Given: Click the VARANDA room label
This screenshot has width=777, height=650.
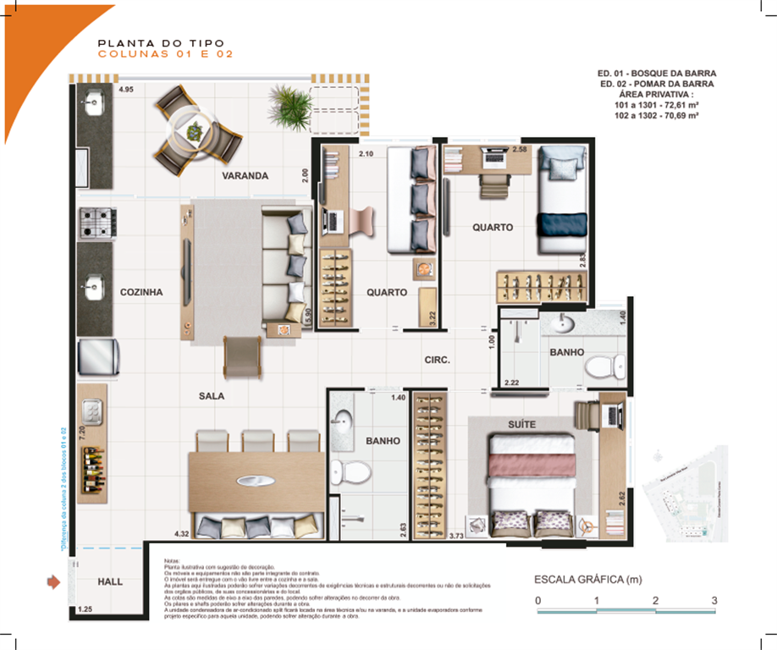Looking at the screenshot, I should [x=245, y=176].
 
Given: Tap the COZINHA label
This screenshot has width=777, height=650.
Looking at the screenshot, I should [x=141, y=292].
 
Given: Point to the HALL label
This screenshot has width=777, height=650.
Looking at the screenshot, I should [x=110, y=582].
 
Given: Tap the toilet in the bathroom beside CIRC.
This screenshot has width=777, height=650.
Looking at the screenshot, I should [x=599, y=366].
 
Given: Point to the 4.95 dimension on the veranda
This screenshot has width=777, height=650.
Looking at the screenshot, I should [x=127, y=89].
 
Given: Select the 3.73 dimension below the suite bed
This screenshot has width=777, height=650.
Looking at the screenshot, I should [x=456, y=536].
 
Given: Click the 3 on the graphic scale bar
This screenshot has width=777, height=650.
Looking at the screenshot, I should [x=714, y=600].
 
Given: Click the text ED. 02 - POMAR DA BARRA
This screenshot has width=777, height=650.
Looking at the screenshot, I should [x=656, y=85].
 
